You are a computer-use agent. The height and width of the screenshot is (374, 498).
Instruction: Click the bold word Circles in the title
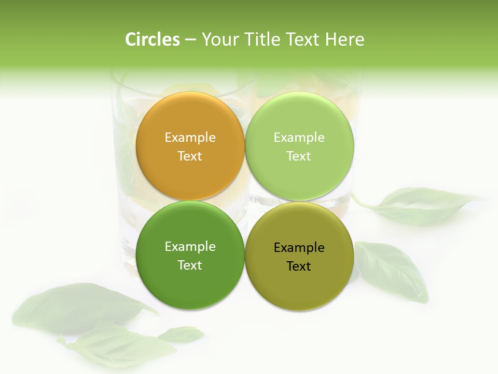[152, 39]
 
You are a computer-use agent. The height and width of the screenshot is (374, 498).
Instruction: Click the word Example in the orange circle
[190, 138]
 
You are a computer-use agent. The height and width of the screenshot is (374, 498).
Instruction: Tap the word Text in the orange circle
[190, 156]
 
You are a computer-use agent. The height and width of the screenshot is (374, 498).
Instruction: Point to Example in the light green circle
[299, 138]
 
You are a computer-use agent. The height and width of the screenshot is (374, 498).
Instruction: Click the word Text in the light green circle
[299, 156]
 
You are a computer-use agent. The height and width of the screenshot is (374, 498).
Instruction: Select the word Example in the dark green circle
[190, 247]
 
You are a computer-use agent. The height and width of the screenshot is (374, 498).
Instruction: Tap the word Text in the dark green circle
[190, 265]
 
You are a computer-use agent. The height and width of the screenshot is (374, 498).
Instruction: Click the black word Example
[299, 248]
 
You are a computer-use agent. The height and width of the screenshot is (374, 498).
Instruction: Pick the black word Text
[299, 266]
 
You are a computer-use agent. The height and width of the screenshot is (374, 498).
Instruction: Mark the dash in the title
[190, 39]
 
